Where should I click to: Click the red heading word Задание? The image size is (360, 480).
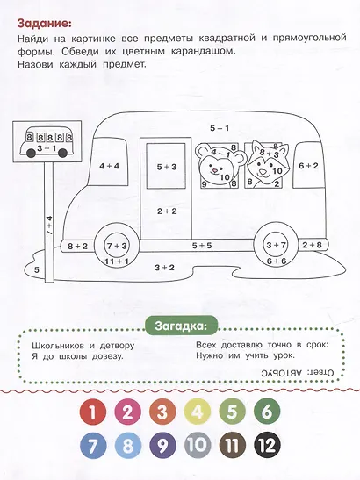[x=45, y=23]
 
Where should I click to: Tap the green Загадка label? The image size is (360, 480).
[x=181, y=326]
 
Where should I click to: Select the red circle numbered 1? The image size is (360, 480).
[x=93, y=412]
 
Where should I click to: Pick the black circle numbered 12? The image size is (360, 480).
[x=268, y=446]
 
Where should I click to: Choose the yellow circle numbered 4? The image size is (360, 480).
[x=198, y=412]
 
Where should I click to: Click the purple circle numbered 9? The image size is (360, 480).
[x=162, y=446]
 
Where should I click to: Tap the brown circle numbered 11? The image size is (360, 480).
[x=233, y=446]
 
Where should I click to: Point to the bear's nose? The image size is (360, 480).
[x=215, y=169]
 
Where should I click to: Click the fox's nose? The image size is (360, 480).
[x=263, y=171]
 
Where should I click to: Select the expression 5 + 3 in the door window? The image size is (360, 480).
[x=167, y=167]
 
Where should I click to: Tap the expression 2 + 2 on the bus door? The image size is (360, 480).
[x=167, y=211]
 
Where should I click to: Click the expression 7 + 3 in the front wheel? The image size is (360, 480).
[x=117, y=246]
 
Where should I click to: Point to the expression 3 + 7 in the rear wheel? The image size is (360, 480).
[x=276, y=245]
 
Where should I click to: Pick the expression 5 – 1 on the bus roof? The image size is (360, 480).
[x=220, y=128]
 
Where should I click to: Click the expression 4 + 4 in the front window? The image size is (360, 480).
[x=110, y=166]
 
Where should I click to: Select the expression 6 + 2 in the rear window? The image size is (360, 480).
[x=308, y=166]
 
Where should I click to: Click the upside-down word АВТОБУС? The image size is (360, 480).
[x=282, y=373]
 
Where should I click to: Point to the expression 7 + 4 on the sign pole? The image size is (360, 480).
[x=49, y=226]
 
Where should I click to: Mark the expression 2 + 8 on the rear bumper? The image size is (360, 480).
[x=313, y=245]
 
